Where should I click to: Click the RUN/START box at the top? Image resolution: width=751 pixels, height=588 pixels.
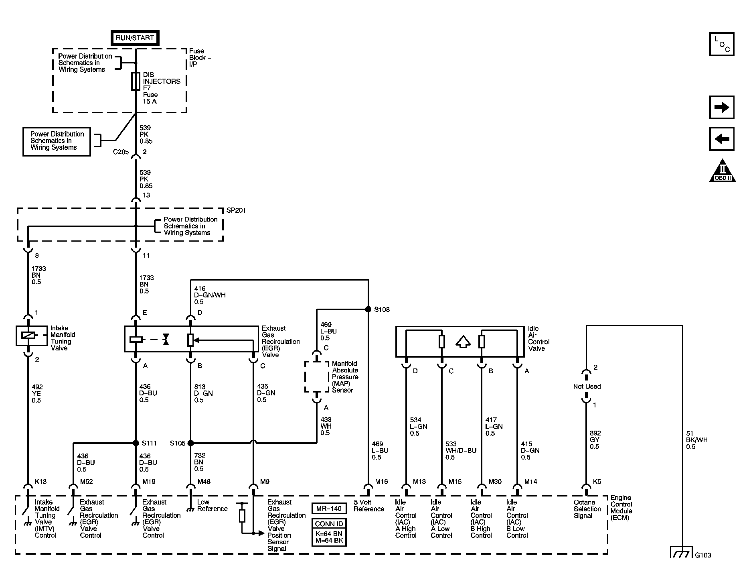[135, 38]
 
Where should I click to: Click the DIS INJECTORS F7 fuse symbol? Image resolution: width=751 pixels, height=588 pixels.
[136, 81]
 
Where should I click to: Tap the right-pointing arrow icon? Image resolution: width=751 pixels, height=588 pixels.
[721, 108]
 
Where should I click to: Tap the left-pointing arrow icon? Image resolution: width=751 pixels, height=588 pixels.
[721, 139]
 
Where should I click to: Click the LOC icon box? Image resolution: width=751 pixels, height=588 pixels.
[721, 44]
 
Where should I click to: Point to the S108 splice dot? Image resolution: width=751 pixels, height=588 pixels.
[368, 309]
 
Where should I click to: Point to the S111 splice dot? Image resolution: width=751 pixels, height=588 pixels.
[136, 443]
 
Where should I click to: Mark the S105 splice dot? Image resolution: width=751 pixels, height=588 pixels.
[190, 443]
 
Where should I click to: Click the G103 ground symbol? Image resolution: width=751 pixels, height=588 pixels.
[682, 553]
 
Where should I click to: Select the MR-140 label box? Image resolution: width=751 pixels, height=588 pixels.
[329, 509]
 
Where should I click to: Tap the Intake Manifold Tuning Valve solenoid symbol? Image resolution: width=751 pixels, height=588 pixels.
[27, 336]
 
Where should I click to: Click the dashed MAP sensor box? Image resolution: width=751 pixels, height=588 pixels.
[316, 376]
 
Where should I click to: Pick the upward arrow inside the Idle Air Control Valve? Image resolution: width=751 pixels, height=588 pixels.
[463, 342]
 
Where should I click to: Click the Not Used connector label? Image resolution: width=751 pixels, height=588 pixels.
[587, 387]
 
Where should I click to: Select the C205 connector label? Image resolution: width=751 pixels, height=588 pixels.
[121, 152]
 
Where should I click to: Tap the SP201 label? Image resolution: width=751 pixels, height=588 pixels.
[236, 210]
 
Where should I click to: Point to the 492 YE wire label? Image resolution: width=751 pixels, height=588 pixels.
[37, 393]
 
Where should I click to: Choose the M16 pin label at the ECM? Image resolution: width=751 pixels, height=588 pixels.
[381, 482]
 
